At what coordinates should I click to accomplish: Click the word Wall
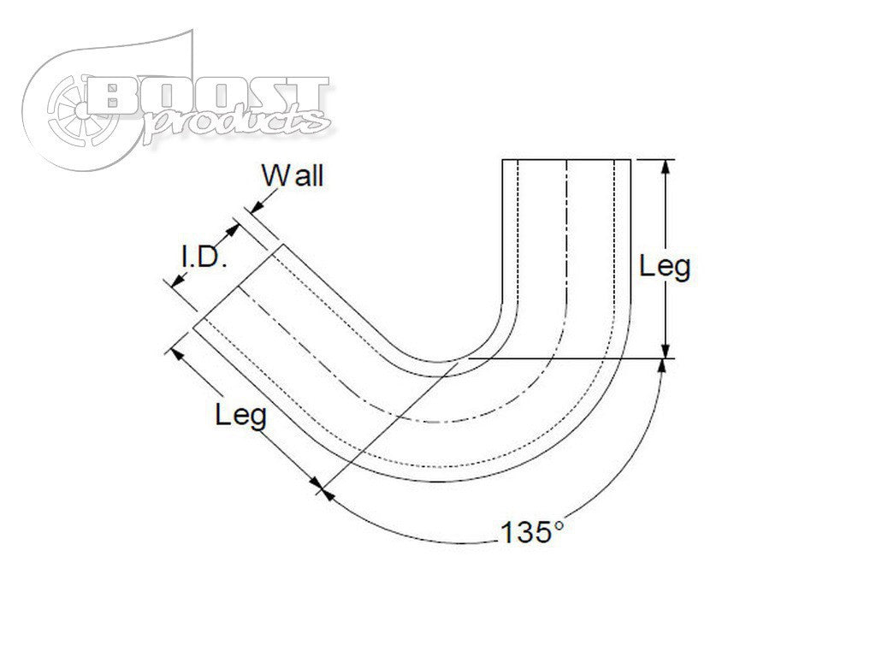293,176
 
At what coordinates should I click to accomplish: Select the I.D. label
202,257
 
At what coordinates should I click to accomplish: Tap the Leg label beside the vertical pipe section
665,267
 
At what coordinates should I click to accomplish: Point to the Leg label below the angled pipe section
240,416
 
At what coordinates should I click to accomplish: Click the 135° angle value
531,533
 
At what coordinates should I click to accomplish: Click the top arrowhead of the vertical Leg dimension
666,166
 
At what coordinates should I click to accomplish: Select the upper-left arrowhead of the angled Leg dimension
178,351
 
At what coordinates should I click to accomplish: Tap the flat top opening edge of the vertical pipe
565,160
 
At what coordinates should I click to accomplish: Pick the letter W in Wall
275,176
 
